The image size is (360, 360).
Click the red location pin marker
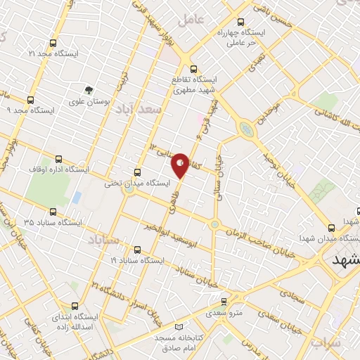tap(181, 165)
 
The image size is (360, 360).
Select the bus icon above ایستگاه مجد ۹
tap(30, 100)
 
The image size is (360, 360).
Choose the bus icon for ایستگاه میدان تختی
tap(136, 171)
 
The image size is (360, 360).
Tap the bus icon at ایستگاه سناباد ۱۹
tap(136, 249)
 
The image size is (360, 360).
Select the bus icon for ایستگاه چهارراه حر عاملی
tap(242, 22)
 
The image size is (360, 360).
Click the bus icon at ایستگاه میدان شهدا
tap(331, 227)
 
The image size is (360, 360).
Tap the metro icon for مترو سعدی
tap(224, 300)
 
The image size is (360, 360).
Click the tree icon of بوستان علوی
tap(89, 90)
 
